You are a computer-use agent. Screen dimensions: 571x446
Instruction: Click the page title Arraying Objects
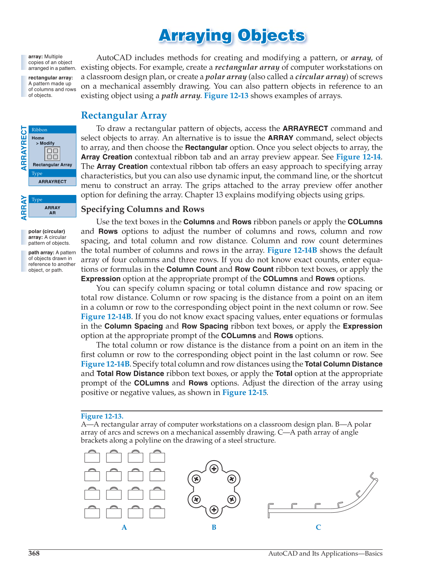tap(232, 36)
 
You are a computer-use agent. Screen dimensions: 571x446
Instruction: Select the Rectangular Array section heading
tap(124, 115)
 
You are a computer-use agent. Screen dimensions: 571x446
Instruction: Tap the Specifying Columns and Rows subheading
tap(142, 209)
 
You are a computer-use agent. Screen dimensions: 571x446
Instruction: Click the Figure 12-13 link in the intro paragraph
tap(226, 96)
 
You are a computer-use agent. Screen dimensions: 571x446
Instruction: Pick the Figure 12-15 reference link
tap(244, 393)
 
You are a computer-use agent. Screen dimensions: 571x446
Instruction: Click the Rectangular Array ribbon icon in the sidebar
tap(52, 154)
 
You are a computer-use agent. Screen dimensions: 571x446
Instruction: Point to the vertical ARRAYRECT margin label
tap(24, 148)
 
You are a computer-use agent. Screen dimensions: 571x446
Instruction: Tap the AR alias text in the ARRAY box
tap(52, 213)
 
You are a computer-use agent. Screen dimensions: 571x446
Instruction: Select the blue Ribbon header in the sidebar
tap(52, 130)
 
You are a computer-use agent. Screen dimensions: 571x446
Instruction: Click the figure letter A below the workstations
tap(124, 527)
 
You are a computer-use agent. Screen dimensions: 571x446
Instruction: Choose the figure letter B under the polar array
tap(214, 527)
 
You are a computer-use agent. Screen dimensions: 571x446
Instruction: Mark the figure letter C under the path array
tap(318, 527)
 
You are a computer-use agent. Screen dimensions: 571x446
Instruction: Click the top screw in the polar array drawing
tap(214, 469)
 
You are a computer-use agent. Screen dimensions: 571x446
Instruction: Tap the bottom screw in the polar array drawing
tap(214, 510)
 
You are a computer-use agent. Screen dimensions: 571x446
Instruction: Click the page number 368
tap(34, 554)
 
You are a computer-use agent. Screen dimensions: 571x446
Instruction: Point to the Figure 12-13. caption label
tap(102, 416)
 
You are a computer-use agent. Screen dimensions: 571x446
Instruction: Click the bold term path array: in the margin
tap(41, 253)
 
